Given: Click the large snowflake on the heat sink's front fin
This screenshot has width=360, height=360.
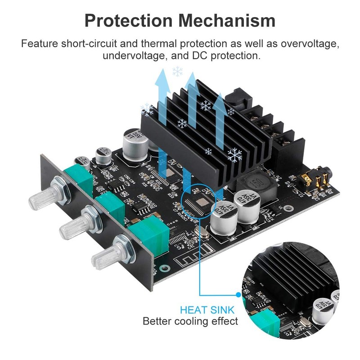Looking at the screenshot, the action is [x=234, y=155].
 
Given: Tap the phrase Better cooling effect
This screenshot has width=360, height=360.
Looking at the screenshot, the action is [x=190, y=321].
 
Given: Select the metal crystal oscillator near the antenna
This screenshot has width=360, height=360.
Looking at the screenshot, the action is [x=201, y=234].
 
